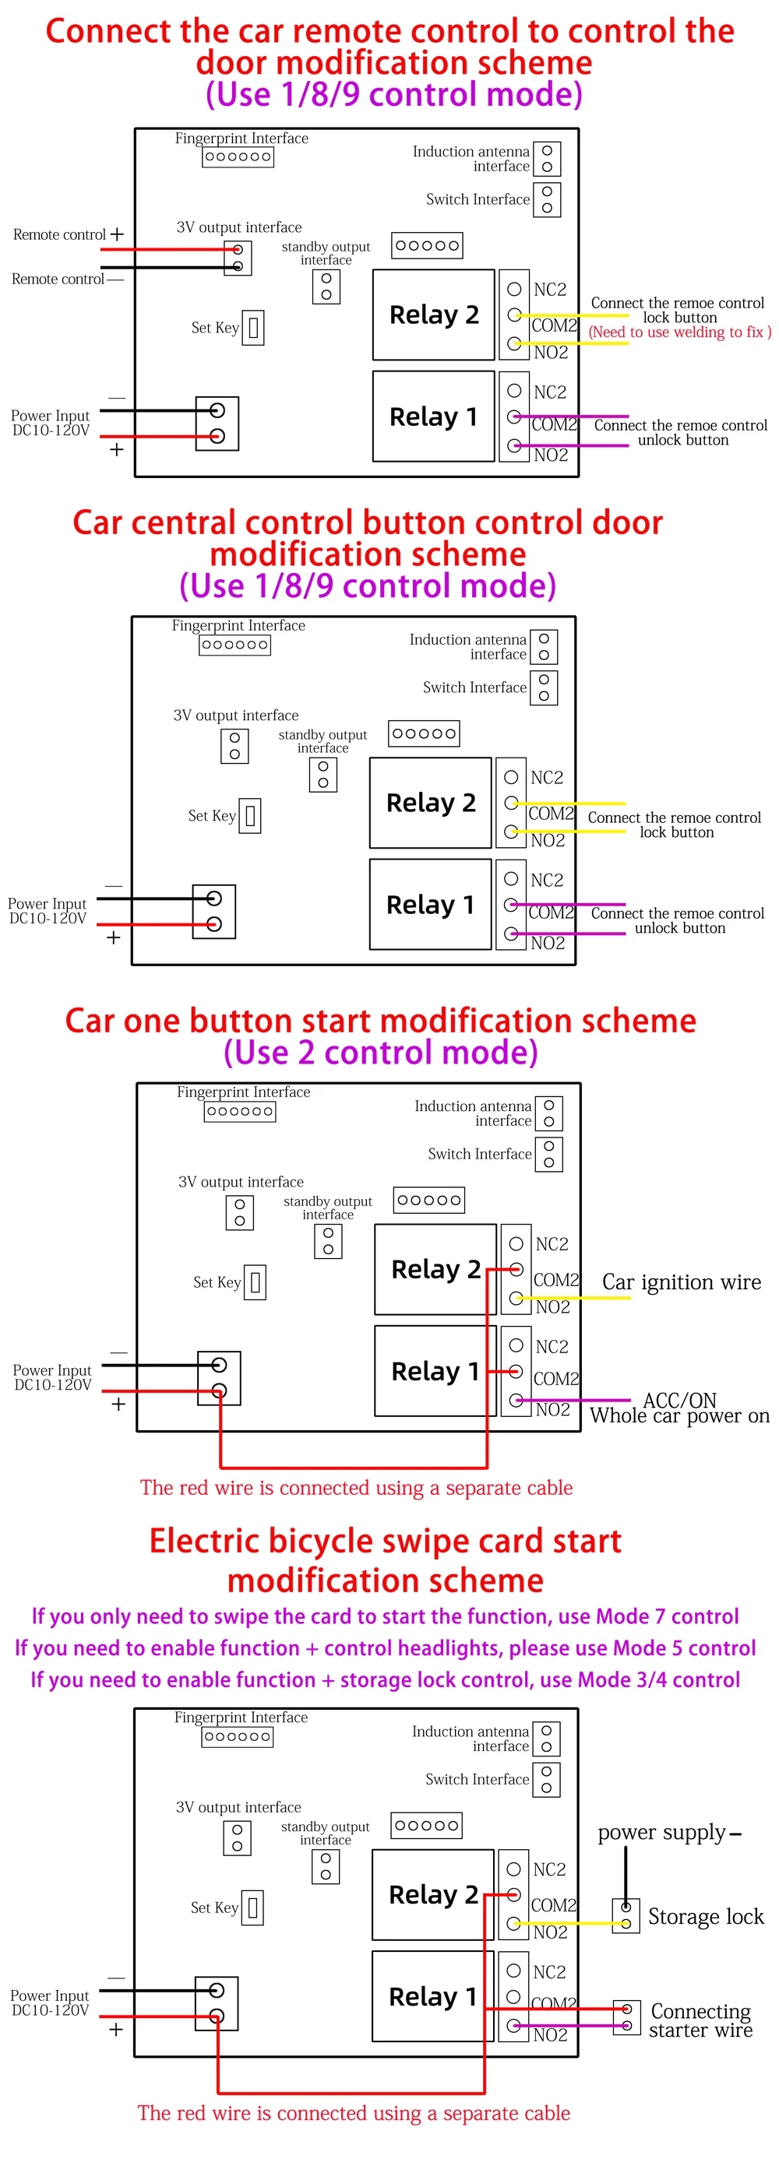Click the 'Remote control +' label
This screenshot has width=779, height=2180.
coord(68,234)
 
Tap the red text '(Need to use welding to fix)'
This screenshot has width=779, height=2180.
coord(680,332)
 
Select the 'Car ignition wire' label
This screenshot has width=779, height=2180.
coord(682,1283)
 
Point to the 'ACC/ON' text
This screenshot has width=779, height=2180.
coord(680,1400)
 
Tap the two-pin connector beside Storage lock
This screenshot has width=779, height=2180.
coord(626,1916)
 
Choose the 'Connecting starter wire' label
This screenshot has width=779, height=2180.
coord(701,2020)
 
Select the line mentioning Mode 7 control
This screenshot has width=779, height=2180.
coord(386,1616)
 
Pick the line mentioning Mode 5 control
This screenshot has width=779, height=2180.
coord(386,1648)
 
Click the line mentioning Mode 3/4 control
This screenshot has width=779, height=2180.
coord(386,1680)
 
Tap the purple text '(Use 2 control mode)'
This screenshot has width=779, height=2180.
coord(381,1053)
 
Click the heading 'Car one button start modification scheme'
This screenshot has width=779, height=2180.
coord(381,1021)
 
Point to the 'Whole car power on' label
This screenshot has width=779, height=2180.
coord(680,1415)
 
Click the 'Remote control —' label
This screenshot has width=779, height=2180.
coord(68,280)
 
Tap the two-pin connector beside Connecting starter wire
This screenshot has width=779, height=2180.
coord(626,2018)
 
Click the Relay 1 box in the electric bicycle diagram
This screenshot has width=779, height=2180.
coord(432,1996)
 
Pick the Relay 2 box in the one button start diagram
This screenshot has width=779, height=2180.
coord(435,1269)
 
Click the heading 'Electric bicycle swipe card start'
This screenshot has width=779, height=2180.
coord(386,1541)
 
